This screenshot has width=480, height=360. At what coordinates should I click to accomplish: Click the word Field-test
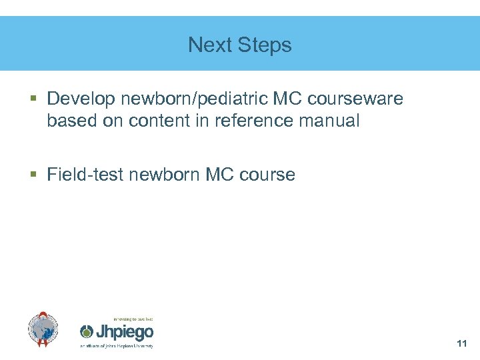coord(85,175)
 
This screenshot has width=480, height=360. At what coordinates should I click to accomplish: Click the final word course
coord(267,175)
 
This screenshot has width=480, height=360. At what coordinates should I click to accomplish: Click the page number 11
coord(461,343)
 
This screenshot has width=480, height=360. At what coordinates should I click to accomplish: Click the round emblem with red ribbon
coord(43,329)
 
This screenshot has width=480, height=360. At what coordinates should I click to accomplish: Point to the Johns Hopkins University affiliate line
coord(117,346)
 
